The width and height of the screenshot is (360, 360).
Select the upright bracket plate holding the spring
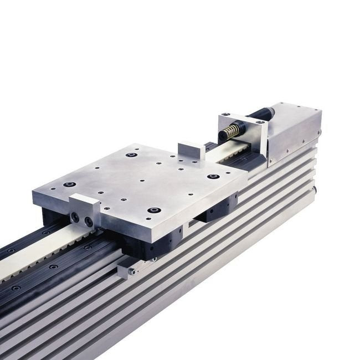(248, 133)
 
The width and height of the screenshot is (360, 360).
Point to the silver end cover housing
(294, 133)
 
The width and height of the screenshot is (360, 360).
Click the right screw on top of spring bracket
(258, 122)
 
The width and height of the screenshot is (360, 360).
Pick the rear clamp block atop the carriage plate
(191, 151)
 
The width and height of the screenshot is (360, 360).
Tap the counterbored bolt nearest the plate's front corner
(154, 210)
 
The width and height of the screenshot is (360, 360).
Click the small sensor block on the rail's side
(127, 270)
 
